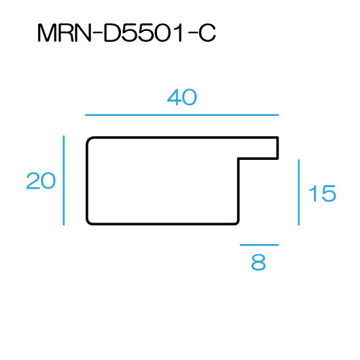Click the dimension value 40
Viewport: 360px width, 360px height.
[182, 97]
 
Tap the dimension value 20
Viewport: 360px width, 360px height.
[41, 181]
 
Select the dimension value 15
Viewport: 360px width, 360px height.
[323, 194]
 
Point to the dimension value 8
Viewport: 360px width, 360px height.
[258, 262]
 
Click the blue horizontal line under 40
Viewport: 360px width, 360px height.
[181, 115]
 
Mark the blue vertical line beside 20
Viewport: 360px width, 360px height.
[63, 181]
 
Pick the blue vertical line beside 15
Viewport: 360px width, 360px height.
[299, 192]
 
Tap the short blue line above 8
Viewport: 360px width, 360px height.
[259, 245]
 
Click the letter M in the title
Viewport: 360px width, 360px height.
[47, 33]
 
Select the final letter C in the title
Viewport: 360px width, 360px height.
[207, 33]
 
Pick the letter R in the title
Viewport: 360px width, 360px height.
[66, 33]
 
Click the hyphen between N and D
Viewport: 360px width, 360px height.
[98, 33]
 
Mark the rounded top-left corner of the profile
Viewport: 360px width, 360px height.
[89, 140]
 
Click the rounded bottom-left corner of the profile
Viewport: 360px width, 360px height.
[89, 222]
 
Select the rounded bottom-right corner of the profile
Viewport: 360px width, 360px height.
[237, 222]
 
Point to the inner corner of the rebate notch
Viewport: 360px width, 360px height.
[238, 158]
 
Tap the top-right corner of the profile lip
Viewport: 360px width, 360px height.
[278, 138]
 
